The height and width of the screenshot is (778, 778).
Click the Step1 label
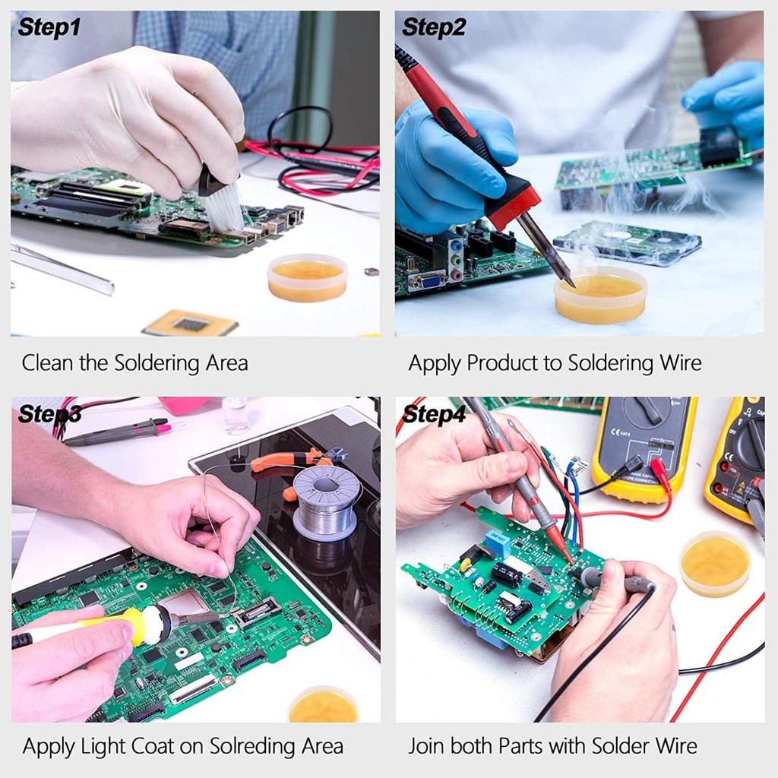click(x=49, y=27)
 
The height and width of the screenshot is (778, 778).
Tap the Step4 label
click(x=434, y=414)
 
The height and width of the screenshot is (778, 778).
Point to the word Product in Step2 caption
click(x=502, y=363)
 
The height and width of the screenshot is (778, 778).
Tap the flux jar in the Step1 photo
click(x=307, y=277)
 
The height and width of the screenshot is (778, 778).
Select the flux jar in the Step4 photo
click(x=714, y=563)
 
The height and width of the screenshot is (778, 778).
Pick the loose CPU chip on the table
click(x=190, y=324)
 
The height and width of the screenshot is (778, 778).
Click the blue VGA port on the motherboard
click(x=428, y=281)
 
